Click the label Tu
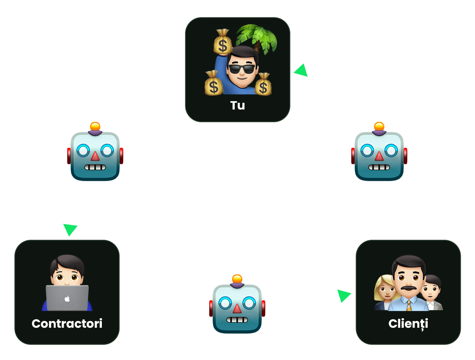click(237, 106)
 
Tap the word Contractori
click(67, 323)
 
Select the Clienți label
click(408, 323)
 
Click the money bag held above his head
click(223, 42)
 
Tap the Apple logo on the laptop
click(67, 298)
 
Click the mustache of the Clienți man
click(408, 287)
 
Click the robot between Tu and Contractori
click(95, 153)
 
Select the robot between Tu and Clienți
click(379, 153)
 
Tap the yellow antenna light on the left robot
click(95, 127)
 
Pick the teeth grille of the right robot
click(379, 167)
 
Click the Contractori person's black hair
click(67, 263)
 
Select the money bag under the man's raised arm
click(214, 84)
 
